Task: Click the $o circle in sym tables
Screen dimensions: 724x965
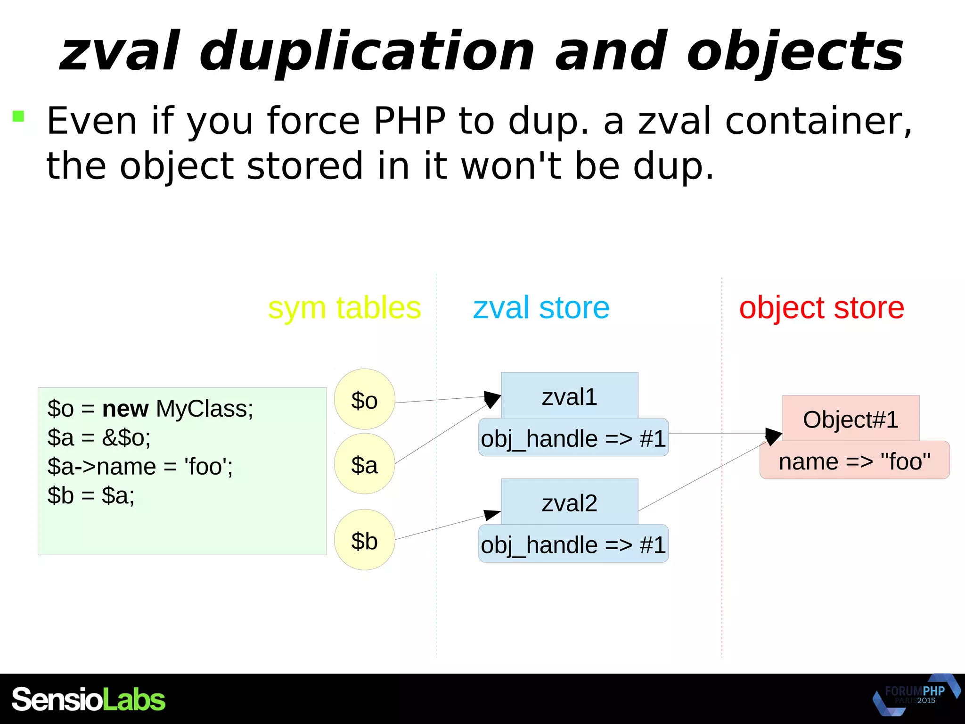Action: coord(364,399)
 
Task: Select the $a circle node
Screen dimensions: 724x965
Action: coord(364,464)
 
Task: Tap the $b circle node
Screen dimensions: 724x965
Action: coord(364,540)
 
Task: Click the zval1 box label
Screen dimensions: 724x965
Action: coord(569,396)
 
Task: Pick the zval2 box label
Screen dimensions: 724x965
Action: coord(569,502)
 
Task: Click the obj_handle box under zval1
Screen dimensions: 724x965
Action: coord(573,438)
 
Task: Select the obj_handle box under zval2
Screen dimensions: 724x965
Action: coord(573,544)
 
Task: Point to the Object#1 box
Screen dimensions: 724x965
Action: coord(851,419)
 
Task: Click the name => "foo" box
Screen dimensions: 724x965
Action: coord(854,461)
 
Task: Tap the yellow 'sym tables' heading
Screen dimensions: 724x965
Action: coord(344,308)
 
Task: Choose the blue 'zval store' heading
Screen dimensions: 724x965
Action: coord(541,308)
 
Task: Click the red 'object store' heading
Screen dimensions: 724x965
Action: coord(821,308)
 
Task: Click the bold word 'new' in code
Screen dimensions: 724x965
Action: coord(125,408)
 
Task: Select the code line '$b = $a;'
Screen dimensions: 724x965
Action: coord(91,495)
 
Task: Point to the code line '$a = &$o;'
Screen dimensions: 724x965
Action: coord(99,437)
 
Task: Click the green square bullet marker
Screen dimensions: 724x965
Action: coord(18,116)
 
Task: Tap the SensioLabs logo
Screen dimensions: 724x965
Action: coord(89,699)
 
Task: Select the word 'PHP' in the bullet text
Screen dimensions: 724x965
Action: coord(409,121)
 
